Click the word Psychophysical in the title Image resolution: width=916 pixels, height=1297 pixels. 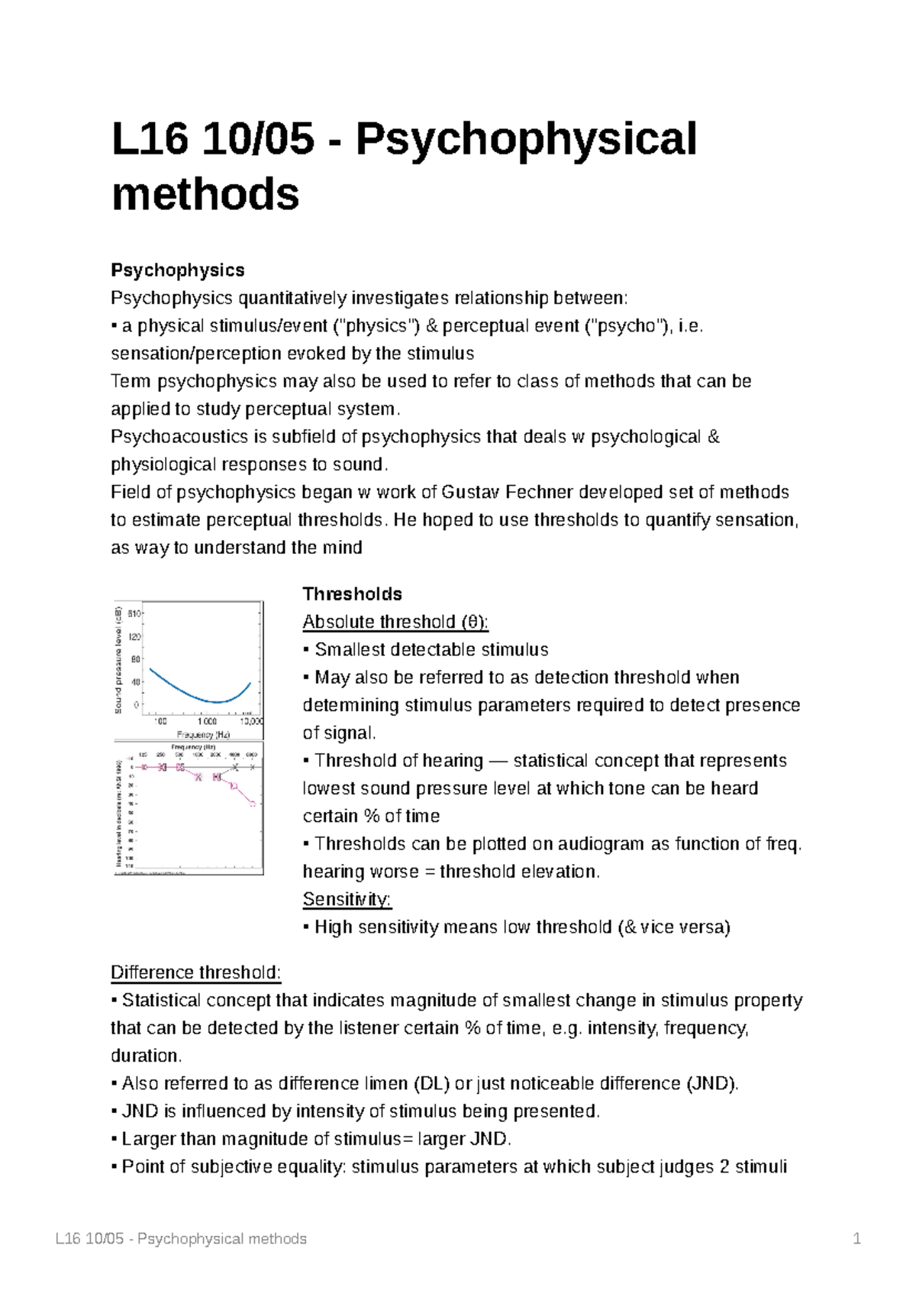[x=526, y=139]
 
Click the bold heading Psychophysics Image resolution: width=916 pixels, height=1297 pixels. [x=177, y=270]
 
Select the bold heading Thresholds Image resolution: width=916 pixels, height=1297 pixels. [x=352, y=594]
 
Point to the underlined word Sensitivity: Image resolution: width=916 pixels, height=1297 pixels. [x=347, y=900]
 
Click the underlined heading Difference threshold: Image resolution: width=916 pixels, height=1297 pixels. [x=195, y=973]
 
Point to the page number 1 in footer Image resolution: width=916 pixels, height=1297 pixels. [x=856, y=1239]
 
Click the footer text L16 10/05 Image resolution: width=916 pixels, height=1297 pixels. [x=89, y=1239]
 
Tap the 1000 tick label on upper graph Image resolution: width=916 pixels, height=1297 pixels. [x=207, y=721]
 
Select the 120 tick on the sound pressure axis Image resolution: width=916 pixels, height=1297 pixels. [x=135, y=637]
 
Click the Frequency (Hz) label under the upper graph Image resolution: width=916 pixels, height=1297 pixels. [x=203, y=735]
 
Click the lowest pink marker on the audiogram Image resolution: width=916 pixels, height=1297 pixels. [x=253, y=804]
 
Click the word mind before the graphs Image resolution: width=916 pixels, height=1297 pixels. [x=344, y=548]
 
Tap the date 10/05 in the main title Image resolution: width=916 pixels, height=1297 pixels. [x=258, y=139]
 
